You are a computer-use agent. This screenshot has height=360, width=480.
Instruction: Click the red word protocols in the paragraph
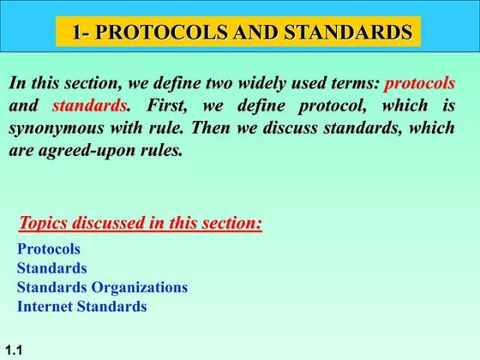[419, 84]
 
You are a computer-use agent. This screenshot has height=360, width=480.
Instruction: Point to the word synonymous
[54, 130]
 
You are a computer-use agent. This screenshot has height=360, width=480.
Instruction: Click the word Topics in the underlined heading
[45, 224]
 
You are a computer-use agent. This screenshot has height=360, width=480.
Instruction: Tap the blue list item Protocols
[49, 249]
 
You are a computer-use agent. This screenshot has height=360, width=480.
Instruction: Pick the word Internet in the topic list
[45, 306]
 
